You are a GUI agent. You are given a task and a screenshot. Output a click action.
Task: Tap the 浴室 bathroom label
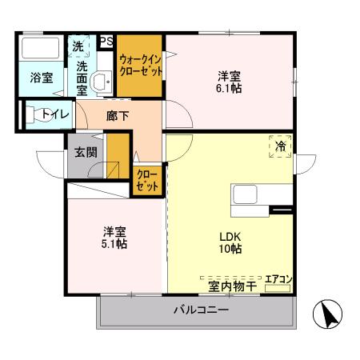point(41,78)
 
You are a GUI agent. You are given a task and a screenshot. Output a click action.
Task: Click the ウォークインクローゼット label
point(141,65)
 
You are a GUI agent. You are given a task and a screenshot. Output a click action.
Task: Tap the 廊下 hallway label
point(117,116)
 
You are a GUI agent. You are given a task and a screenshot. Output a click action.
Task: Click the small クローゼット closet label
point(146,181)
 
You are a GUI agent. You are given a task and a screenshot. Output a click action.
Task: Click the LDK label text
point(231,236)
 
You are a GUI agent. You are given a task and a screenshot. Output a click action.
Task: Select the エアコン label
point(278,278)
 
